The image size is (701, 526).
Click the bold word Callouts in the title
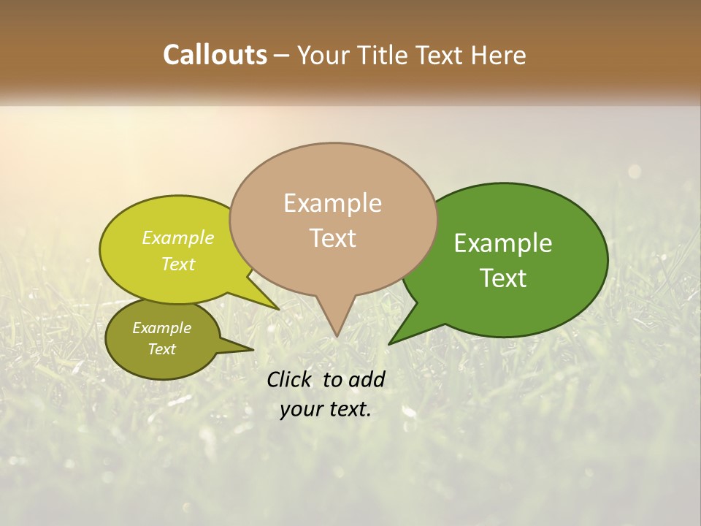(215, 56)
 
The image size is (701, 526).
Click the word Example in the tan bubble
(332, 203)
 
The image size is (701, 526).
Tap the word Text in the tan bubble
(332, 238)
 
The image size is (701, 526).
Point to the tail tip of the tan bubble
(336, 336)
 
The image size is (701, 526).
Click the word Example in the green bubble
(503, 243)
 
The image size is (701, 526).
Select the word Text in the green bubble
(503, 278)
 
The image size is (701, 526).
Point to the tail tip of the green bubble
(389, 343)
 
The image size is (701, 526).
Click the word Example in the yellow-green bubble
(178, 238)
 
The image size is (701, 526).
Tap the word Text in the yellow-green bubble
(178, 264)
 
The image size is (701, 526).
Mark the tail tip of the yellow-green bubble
(278, 308)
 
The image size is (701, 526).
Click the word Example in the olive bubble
(161, 328)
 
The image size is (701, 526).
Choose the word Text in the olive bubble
(161, 349)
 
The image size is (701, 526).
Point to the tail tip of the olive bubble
(253, 349)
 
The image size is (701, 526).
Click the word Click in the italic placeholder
(288, 379)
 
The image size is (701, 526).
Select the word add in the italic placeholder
(367, 379)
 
